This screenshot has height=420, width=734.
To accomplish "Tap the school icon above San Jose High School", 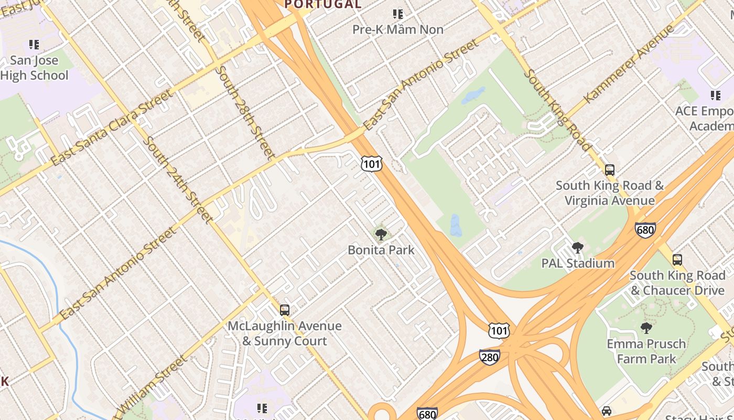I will pyautogui.click(x=34, y=45).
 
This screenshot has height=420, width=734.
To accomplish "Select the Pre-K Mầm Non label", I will pyautogui.click(x=398, y=29).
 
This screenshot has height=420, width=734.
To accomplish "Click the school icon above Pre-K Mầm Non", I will pyautogui.click(x=398, y=14).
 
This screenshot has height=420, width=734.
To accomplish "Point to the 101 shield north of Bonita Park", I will pyautogui.click(x=371, y=164).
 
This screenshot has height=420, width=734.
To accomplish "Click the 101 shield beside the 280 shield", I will pyautogui.click(x=498, y=330).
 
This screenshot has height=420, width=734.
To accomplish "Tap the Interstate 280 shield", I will pyautogui.click(x=489, y=357).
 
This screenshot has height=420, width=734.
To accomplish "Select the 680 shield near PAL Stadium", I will pyautogui.click(x=645, y=230).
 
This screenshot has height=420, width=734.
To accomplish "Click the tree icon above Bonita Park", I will pyautogui.click(x=381, y=234).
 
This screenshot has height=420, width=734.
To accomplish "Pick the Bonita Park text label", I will pyautogui.click(x=381, y=250).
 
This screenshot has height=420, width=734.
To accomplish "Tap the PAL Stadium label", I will pyautogui.click(x=578, y=264).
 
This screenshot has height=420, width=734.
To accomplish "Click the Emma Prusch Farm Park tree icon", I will pyautogui.click(x=646, y=328).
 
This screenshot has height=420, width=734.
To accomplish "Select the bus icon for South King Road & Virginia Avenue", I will pyautogui.click(x=609, y=170).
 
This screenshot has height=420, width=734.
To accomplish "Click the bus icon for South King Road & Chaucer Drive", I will pyautogui.click(x=677, y=259).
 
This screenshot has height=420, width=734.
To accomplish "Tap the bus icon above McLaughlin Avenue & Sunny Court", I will pyautogui.click(x=284, y=310).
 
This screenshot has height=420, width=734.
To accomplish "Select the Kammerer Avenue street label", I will pyautogui.click(x=629, y=64).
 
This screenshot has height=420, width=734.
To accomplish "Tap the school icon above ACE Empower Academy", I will pyautogui.click(x=716, y=96).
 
